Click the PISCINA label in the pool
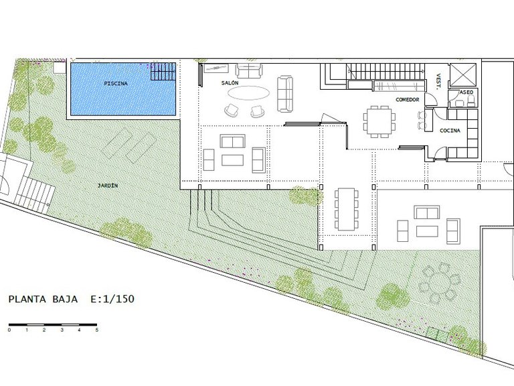click(116, 83)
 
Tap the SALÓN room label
click(230, 83)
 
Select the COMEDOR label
click(408, 99)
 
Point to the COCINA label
click(450, 131)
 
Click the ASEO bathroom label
click(466, 92)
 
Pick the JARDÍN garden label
click(108, 186)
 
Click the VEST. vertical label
click(438, 82)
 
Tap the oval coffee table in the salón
click(249, 92)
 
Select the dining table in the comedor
click(379, 121)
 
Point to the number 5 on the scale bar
click(96, 330)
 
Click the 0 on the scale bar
click(9, 330)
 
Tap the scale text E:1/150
click(112, 299)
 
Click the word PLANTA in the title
click(27, 300)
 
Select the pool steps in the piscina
click(163, 71)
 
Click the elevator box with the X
click(462, 75)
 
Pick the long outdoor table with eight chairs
click(347, 209)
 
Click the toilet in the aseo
click(470, 101)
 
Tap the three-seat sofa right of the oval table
click(285, 94)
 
